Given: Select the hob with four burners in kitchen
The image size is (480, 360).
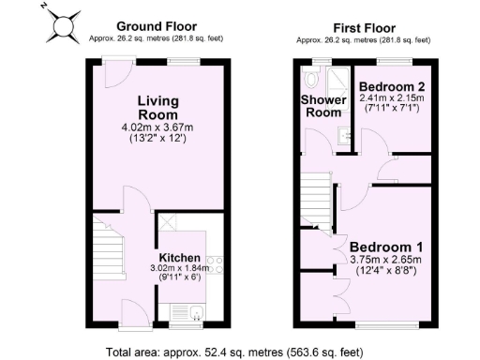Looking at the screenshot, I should pos(214,266).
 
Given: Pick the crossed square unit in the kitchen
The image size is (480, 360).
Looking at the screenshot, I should pos(169,223).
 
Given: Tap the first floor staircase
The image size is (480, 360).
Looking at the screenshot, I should pos(318,197).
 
